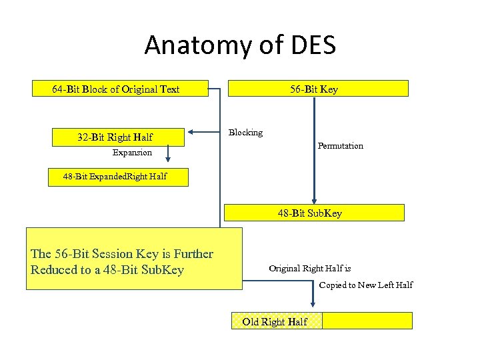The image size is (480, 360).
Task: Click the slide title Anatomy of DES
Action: pyautogui.click(x=240, y=45)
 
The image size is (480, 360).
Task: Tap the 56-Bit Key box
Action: pyautogui.click(x=318, y=89)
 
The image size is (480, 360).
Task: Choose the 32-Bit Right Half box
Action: pyautogui.click(x=115, y=137)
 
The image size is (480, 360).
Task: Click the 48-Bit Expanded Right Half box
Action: pyautogui.click(x=118, y=177)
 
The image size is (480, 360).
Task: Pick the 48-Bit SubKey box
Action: pyautogui.click(x=313, y=213)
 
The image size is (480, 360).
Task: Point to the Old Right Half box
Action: pyautogui.click(x=276, y=321)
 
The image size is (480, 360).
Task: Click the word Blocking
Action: pyautogui.click(x=246, y=133)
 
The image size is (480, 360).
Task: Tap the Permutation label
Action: pyautogui.click(x=340, y=146)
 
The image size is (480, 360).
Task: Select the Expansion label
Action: pyautogui.click(x=132, y=153)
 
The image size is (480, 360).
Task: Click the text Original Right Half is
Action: pyautogui.click(x=310, y=269)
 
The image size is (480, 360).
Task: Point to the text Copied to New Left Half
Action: pyautogui.click(x=365, y=285)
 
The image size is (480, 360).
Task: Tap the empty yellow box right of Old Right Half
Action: pyautogui.click(x=367, y=321)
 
